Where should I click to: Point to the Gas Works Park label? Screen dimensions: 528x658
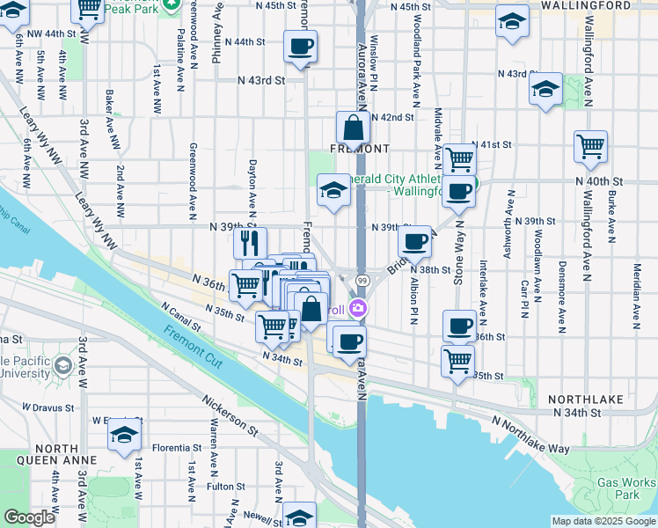click(625, 488)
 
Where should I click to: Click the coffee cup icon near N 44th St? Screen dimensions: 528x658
click(300, 46)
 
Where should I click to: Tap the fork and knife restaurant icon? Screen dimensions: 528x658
click(251, 242)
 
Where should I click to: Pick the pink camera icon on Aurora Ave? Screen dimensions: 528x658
click(358, 309)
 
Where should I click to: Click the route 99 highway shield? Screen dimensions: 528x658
click(362, 279)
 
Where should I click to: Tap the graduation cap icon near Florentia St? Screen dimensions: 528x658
click(125, 435)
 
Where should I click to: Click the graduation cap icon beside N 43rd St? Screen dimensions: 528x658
click(545, 89)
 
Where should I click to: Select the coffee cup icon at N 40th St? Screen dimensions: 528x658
click(457, 191)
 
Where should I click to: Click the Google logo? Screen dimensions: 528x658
click(30, 517)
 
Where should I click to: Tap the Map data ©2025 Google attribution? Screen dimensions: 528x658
click(603, 521)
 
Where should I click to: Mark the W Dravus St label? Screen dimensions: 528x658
click(43, 407)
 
